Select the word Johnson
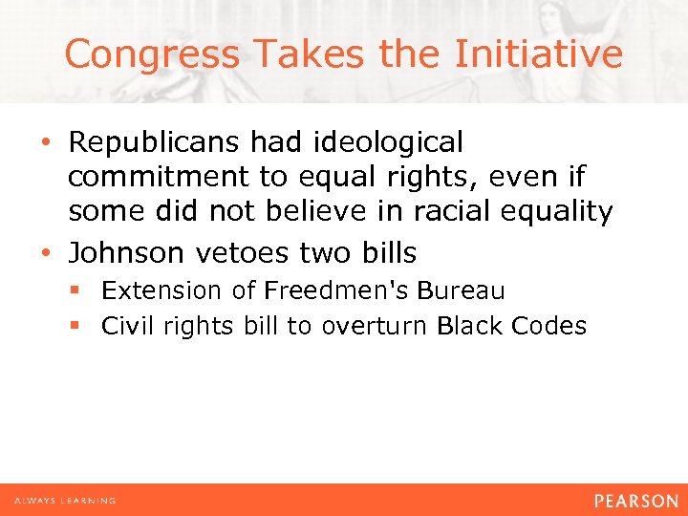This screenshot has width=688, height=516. pos(127,252)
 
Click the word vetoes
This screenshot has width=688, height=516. pos(235,252)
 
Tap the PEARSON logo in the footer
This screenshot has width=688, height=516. pos(634,500)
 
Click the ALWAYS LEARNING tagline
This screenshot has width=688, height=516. pos(65,501)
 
